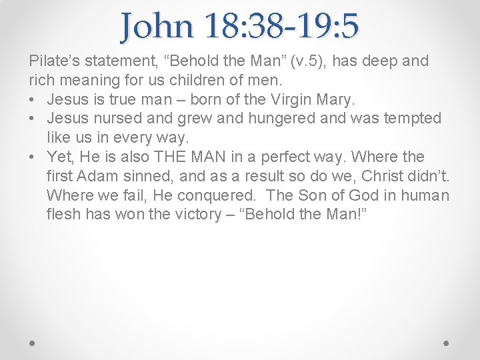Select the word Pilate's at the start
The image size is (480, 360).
point(53,61)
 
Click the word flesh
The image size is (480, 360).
point(64,215)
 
